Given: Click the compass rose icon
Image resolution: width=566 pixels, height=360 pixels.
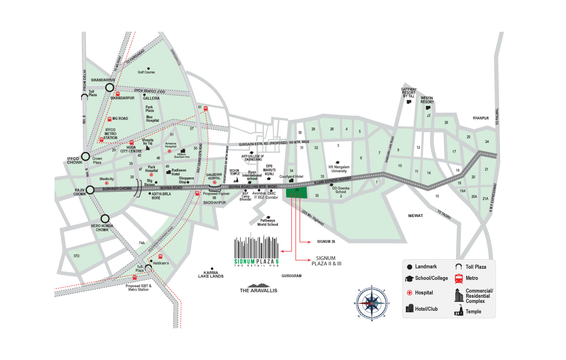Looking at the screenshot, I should point(369,302).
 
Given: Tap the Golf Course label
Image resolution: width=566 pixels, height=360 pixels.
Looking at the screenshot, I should point(146,73).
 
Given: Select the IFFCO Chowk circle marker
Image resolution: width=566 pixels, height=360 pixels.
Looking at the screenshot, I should point(86,157).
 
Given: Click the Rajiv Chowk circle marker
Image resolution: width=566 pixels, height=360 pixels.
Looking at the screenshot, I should point(91,190).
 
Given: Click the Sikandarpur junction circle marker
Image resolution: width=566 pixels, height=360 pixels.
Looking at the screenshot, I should point(110,87).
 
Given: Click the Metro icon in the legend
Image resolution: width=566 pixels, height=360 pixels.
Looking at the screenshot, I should point(458,278).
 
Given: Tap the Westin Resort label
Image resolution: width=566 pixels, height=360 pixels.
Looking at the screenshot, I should point(427,99).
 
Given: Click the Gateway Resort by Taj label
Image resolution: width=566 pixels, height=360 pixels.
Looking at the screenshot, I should point(409,93).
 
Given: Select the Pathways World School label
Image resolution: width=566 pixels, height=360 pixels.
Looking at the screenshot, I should point(268,222).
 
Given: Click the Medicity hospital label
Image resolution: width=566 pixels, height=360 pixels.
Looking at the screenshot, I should point(107,178).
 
